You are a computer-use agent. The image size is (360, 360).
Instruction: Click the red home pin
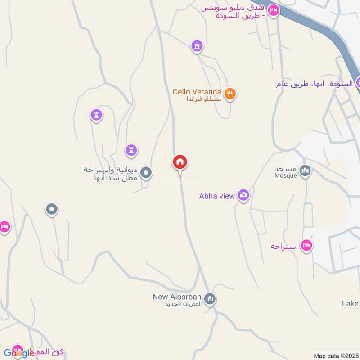pyautogui.click(x=180, y=162)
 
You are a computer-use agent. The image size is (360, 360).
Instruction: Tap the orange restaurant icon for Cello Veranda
pyautogui.click(x=230, y=94)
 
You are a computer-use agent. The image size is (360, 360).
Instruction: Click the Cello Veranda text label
pyautogui.click(x=197, y=91)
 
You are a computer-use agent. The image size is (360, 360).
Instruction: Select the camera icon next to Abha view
pyautogui.click(x=243, y=195)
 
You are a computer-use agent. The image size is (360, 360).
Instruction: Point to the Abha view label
pyautogui.click(x=217, y=196)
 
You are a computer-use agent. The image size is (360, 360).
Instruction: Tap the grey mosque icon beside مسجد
pyautogui.click(x=306, y=171)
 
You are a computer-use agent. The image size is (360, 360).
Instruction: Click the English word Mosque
pyautogui.click(x=286, y=176)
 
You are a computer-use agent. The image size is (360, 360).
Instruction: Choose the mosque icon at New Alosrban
pyautogui.click(x=210, y=298)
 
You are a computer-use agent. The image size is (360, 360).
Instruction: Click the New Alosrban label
pyautogui.click(x=178, y=297)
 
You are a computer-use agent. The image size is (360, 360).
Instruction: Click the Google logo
pyautogui.click(x=19, y=353)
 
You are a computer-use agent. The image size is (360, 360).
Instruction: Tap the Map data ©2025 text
pyautogui.click(x=335, y=355)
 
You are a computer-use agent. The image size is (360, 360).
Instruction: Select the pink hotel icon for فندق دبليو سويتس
pyautogui.click(x=273, y=10)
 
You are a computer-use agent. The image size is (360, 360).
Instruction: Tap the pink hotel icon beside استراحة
pyautogui.click(x=307, y=245)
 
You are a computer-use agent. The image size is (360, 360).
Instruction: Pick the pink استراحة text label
pyautogui.click(x=284, y=247)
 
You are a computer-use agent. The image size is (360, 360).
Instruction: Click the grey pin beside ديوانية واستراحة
pyautogui.click(x=146, y=172)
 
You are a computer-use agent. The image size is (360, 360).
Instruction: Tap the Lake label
pyautogui.click(x=350, y=304)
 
